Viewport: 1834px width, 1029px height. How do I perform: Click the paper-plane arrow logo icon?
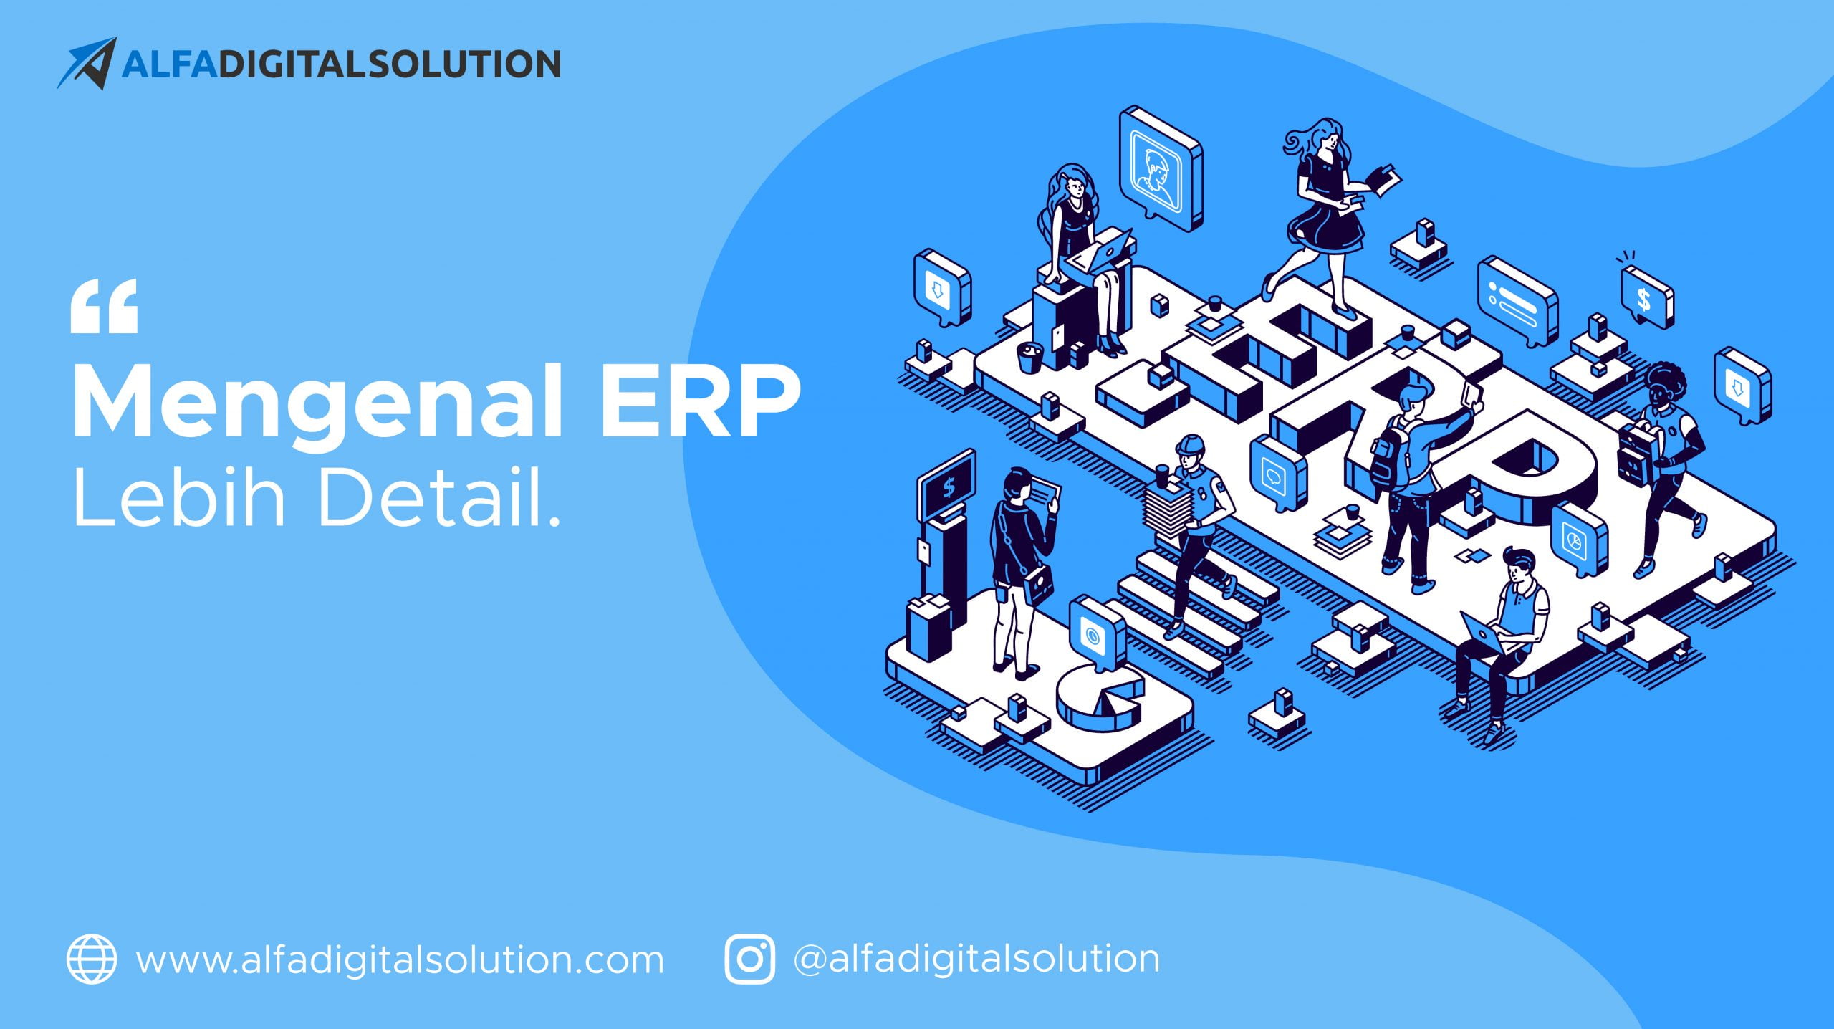click(x=88, y=63)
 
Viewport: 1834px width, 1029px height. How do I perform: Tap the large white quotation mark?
click(x=104, y=307)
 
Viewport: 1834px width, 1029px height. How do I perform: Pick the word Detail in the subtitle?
click(x=429, y=495)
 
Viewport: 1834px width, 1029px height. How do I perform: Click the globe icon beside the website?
click(x=92, y=959)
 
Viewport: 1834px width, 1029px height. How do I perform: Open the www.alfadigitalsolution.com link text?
click(x=400, y=960)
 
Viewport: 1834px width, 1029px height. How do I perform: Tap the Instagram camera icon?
click(x=749, y=959)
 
